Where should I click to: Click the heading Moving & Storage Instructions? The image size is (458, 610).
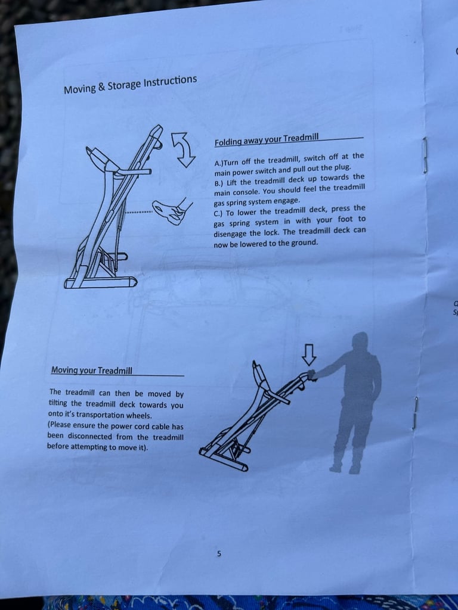[130, 85]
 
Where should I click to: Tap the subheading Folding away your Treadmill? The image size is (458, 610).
[267, 139]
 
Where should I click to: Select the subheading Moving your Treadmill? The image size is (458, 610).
[91, 370]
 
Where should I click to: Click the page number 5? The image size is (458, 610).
[219, 553]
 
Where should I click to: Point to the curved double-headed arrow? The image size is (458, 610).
[184, 150]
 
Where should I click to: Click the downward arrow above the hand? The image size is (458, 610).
[309, 354]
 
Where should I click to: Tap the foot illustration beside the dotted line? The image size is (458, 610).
[172, 210]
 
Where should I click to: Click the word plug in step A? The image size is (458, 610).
[343, 167]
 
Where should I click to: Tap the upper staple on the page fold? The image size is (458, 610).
[425, 155]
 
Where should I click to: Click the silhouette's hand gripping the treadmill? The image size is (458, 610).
[311, 375]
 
